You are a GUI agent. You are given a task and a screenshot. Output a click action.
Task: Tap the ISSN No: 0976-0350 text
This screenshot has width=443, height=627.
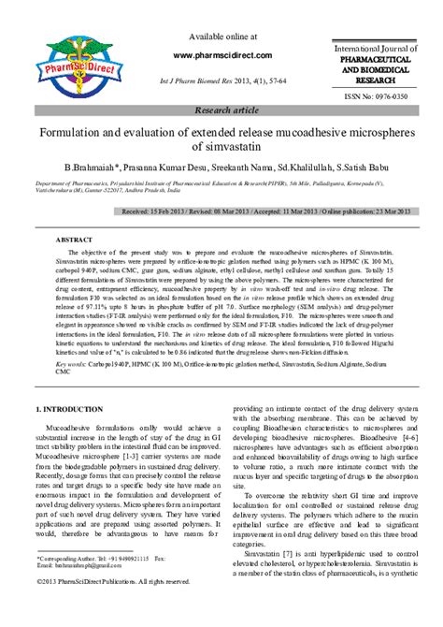click(375, 95)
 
